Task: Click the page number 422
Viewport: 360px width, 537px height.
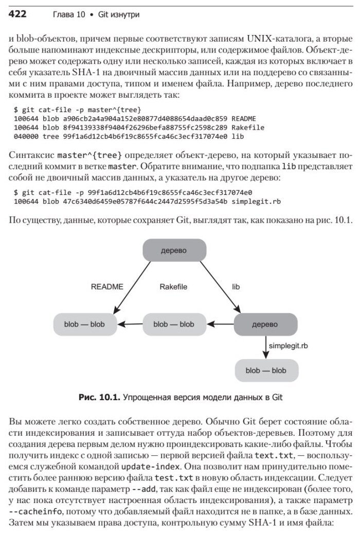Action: [18, 13]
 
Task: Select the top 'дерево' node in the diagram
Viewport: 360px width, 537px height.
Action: [174, 251]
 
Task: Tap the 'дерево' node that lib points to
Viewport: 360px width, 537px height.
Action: [266, 324]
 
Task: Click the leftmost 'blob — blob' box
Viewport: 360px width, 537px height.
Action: [85, 324]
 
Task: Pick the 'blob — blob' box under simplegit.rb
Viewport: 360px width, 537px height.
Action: [266, 370]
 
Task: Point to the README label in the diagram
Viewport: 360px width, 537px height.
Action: [107, 287]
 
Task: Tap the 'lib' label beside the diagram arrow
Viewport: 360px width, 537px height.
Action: [237, 287]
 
